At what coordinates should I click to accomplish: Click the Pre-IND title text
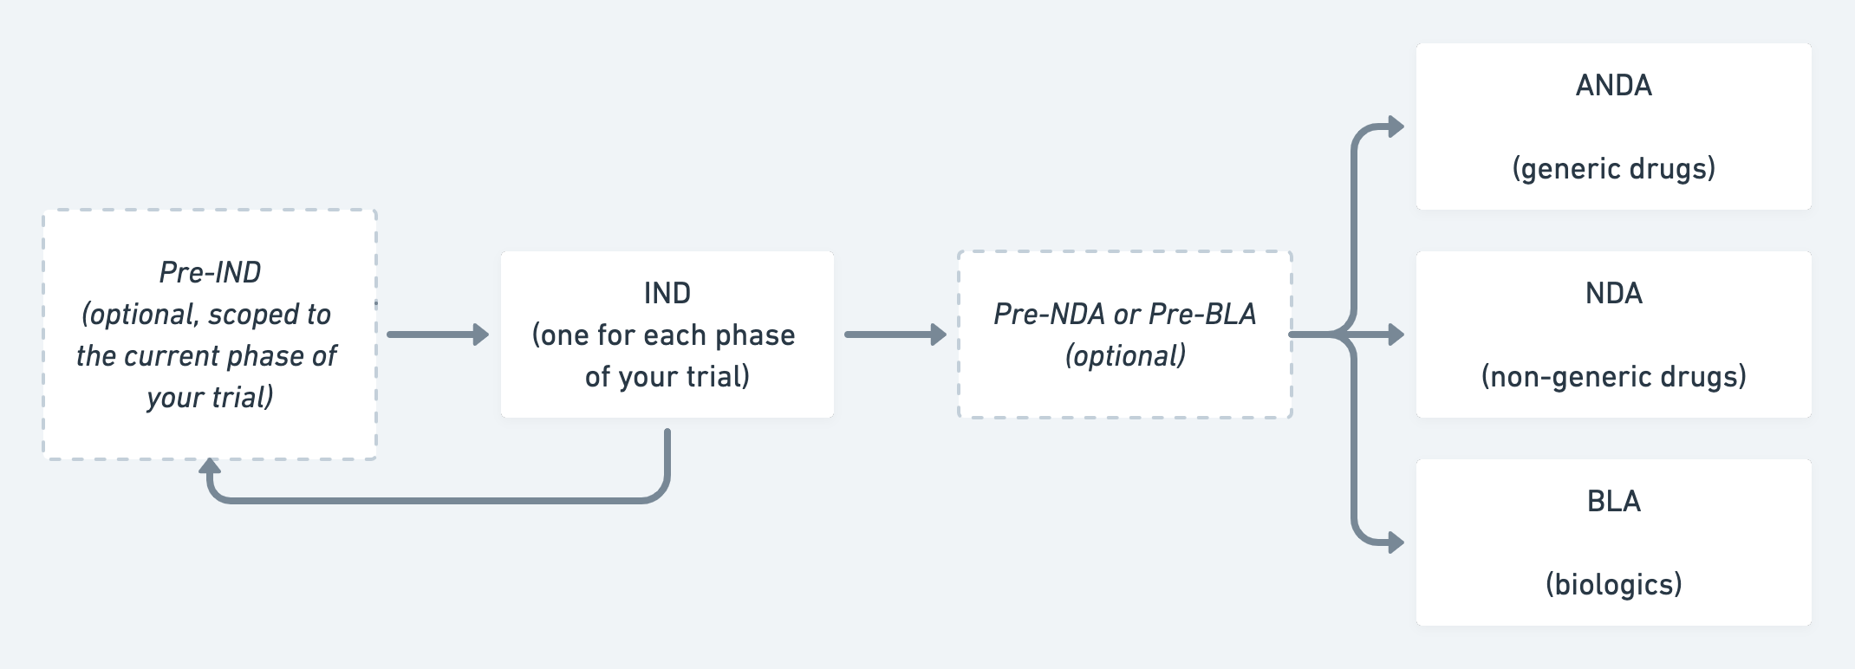pos(210,272)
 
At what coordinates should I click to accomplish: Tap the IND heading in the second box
pos(667,293)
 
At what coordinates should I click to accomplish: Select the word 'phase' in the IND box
pos(754,334)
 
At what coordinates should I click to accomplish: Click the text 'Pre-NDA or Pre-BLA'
pos(1124,314)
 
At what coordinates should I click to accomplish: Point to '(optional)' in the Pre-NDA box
pos(1124,355)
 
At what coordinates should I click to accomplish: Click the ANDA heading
pos(1613,85)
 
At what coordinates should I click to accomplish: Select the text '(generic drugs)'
pos(1613,168)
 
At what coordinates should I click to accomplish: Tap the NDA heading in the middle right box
pos(1613,293)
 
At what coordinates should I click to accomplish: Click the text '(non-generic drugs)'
pos(1613,376)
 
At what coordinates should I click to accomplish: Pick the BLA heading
pos(1613,501)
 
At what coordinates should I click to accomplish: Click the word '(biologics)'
pos(1613,584)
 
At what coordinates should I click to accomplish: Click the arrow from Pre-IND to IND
pos(438,334)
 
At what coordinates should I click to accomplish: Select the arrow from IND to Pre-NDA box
pos(895,334)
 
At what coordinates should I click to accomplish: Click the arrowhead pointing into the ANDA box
pos(1395,127)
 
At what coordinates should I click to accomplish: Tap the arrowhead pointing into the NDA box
pos(1395,334)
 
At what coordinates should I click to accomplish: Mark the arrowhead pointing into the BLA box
pos(1395,542)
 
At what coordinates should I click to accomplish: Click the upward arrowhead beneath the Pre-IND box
pos(210,468)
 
